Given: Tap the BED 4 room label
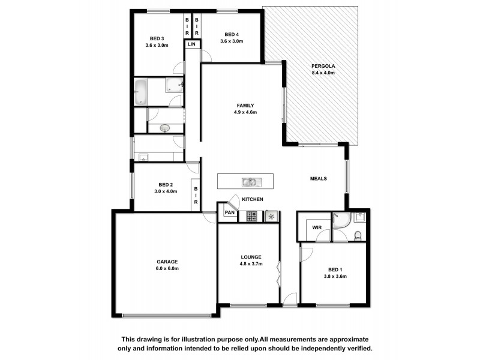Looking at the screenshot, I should [232, 34].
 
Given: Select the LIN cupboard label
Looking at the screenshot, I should [191, 44].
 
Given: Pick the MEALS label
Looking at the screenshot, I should [318, 178].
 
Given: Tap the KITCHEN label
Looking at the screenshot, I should [252, 199].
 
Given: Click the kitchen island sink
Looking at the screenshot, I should [249, 181].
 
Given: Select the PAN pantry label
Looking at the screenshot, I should [229, 212].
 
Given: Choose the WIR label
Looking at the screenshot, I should [316, 227].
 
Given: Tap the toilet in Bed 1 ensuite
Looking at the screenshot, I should [357, 235].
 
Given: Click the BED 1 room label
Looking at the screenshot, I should [337, 269].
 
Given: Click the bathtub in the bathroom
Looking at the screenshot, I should [141, 92].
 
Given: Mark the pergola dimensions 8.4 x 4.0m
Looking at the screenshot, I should [323, 73].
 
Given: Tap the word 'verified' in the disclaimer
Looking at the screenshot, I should [358, 348].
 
